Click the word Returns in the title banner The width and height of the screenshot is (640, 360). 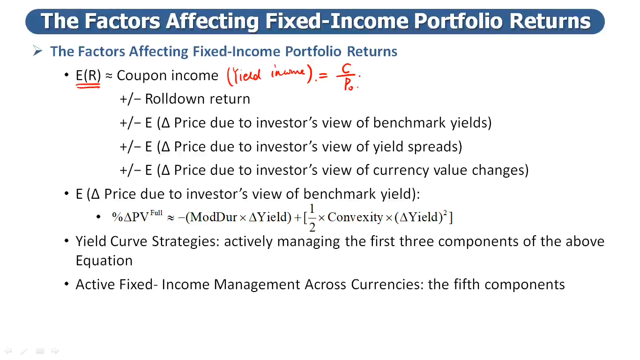[550, 21]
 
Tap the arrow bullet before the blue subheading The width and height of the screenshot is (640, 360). [37, 51]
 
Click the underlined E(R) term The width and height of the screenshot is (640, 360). [88, 75]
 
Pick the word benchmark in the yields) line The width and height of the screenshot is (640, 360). [409, 123]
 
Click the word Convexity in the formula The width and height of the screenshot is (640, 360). [355, 217]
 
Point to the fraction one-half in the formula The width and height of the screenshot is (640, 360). [312, 217]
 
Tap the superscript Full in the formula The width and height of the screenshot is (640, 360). [156, 213]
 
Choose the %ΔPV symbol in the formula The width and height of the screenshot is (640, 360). [130, 217]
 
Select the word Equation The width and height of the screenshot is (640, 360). [104, 261]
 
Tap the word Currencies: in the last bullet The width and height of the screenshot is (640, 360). [387, 285]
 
